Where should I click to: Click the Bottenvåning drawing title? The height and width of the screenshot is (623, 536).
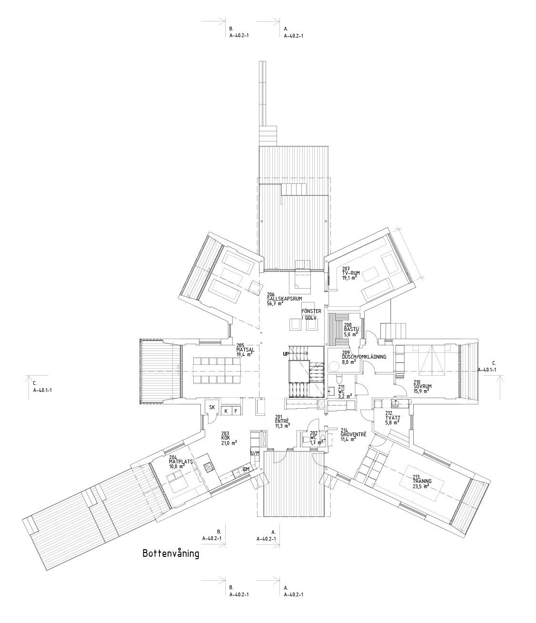(x=170, y=554)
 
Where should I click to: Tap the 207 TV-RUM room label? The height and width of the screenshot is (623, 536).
(x=351, y=272)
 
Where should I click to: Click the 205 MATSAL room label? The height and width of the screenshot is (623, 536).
(x=246, y=350)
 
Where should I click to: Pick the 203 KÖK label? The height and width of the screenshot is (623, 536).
(x=229, y=438)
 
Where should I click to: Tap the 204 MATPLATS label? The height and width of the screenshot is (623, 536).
(x=179, y=462)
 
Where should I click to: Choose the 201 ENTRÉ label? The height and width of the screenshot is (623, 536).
(x=283, y=421)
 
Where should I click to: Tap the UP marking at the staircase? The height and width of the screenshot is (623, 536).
(x=286, y=354)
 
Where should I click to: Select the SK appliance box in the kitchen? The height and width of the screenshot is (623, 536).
(x=212, y=407)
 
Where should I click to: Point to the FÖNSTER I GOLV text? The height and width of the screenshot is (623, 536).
(x=312, y=314)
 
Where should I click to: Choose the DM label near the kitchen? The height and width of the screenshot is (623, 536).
(x=246, y=469)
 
